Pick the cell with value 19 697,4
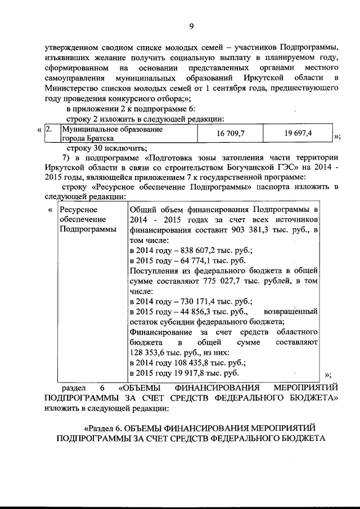pyautogui.click(x=299, y=133)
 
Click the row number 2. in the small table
pyautogui.click(x=49, y=129)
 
